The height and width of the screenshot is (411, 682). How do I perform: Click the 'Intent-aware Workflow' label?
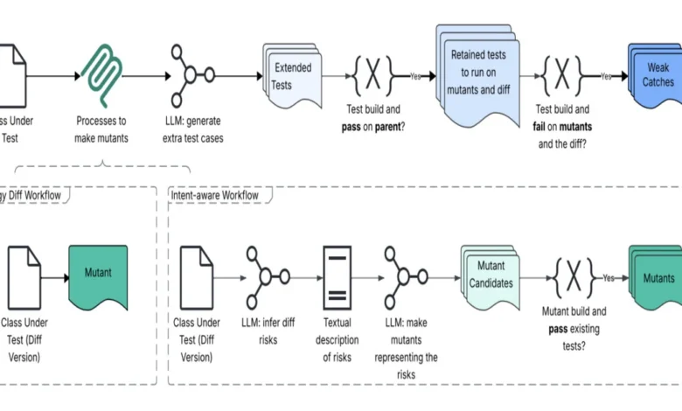[215, 195]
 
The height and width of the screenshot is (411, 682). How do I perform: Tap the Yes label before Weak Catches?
[606, 77]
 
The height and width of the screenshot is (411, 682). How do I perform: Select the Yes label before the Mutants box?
[610, 277]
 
